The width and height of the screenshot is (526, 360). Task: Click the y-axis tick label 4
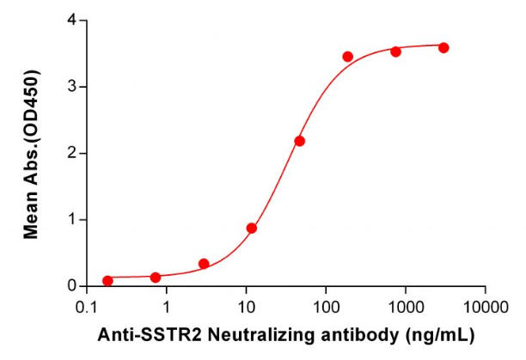click(73, 20)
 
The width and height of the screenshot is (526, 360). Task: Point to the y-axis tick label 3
click(73, 87)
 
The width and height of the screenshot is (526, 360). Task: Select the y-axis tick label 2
click(73, 153)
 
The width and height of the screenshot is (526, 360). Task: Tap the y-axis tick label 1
click(73, 220)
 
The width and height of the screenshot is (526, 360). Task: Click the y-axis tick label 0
click(73, 286)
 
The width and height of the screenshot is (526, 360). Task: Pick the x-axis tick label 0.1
click(86, 307)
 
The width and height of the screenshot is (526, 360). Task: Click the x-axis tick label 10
click(246, 307)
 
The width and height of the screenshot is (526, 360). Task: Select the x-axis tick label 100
click(326, 307)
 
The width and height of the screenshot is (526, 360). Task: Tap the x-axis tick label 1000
click(406, 307)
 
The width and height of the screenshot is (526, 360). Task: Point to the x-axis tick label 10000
click(485, 307)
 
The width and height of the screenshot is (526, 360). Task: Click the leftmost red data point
click(107, 281)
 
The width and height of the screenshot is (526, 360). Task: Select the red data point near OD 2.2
click(299, 141)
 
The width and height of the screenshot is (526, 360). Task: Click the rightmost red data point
click(443, 47)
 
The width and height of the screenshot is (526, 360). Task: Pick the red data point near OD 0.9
click(252, 228)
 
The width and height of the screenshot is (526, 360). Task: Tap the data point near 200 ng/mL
click(348, 57)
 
